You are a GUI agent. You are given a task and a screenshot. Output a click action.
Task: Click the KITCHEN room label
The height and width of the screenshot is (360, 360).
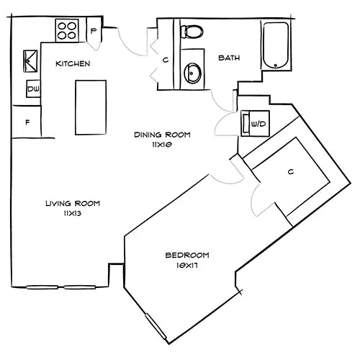(73, 64)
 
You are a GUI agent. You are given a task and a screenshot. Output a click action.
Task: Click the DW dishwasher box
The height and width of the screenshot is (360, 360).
(33, 89)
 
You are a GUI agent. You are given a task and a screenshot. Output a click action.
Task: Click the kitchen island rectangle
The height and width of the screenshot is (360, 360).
(89, 107)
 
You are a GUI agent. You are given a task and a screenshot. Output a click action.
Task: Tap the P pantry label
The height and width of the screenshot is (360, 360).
(94, 30)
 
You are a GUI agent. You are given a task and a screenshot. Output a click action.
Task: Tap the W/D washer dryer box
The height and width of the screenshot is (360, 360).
(256, 123)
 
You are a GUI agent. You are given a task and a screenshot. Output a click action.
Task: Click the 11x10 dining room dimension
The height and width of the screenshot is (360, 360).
(161, 144)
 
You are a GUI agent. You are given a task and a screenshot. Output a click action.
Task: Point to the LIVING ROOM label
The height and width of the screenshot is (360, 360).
(71, 204)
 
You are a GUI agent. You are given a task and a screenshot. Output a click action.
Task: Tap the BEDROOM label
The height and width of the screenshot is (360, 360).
(187, 255)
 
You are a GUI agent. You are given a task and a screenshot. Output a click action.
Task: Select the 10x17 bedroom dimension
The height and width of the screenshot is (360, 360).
(187, 265)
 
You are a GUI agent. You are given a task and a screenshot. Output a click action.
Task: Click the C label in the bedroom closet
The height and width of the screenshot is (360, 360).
(289, 172)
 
